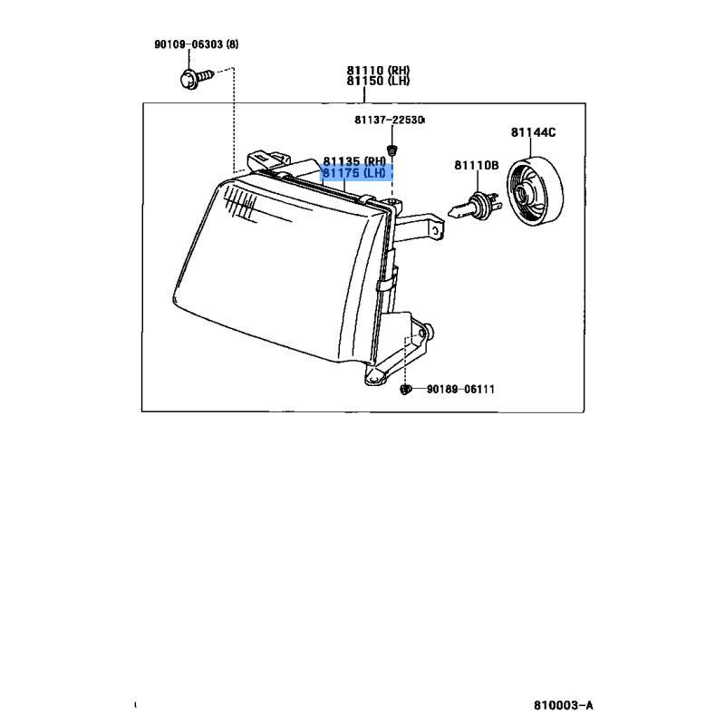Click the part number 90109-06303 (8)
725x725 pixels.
(x=197, y=44)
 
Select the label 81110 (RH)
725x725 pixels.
(x=378, y=71)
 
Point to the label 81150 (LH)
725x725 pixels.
(x=378, y=81)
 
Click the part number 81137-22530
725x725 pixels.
(x=389, y=120)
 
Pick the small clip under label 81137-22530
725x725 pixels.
(x=392, y=150)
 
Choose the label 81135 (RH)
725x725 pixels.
(x=354, y=161)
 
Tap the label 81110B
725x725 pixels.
(x=477, y=165)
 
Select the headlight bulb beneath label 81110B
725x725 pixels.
(x=473, y=208)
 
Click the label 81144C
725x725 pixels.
(x=533, y=132)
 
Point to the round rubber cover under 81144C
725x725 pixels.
(x=535, y=191)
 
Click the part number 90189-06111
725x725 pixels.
(x=460, y=390)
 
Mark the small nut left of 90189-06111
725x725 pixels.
(x=405, y=390)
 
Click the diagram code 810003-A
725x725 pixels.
(x=563, y=706)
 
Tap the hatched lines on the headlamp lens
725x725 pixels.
(x=240, y=207)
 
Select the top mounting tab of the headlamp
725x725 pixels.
(x=268, y=162)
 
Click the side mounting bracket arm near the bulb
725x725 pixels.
(x=420, y=227)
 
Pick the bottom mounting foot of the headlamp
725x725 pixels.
(x=374, y=376)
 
